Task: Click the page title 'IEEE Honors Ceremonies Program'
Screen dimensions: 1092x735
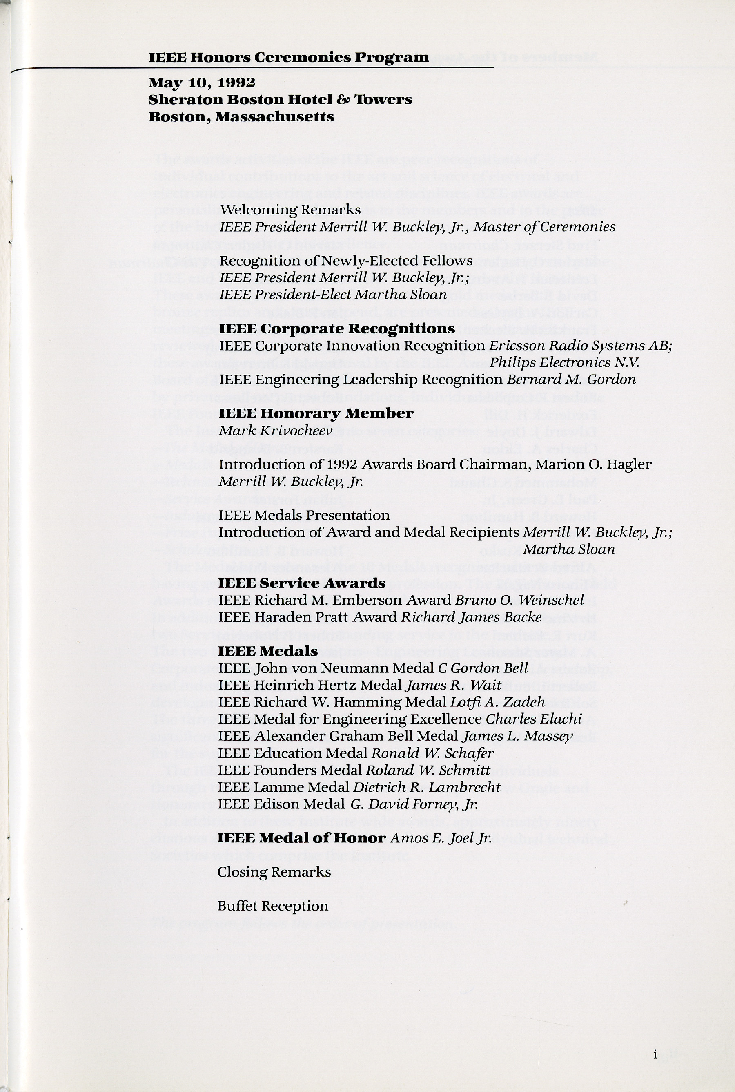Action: point(288,58)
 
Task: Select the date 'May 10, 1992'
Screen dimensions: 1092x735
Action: point(202,83)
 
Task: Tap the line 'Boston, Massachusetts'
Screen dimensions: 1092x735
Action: point(241,117)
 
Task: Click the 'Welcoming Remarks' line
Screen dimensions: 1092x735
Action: point(290,210)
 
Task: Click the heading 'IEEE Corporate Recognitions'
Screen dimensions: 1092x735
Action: point(336,329)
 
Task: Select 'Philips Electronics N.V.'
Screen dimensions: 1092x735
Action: point(564,362)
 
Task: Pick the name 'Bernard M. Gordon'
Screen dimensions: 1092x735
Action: point(571,379)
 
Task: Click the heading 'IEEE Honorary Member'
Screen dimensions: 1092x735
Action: point(316,413)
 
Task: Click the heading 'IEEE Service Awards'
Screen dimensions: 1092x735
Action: point(302,583)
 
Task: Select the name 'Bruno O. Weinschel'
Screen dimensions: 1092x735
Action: point(520,600)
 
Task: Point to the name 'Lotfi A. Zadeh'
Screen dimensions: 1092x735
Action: point(497,702)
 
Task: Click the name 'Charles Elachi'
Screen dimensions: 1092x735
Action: point(534,719)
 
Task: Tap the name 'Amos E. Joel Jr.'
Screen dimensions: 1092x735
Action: point(441,838)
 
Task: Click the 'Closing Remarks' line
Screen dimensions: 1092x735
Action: point(274,872)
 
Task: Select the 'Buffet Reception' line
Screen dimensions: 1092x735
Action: point(273,906)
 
